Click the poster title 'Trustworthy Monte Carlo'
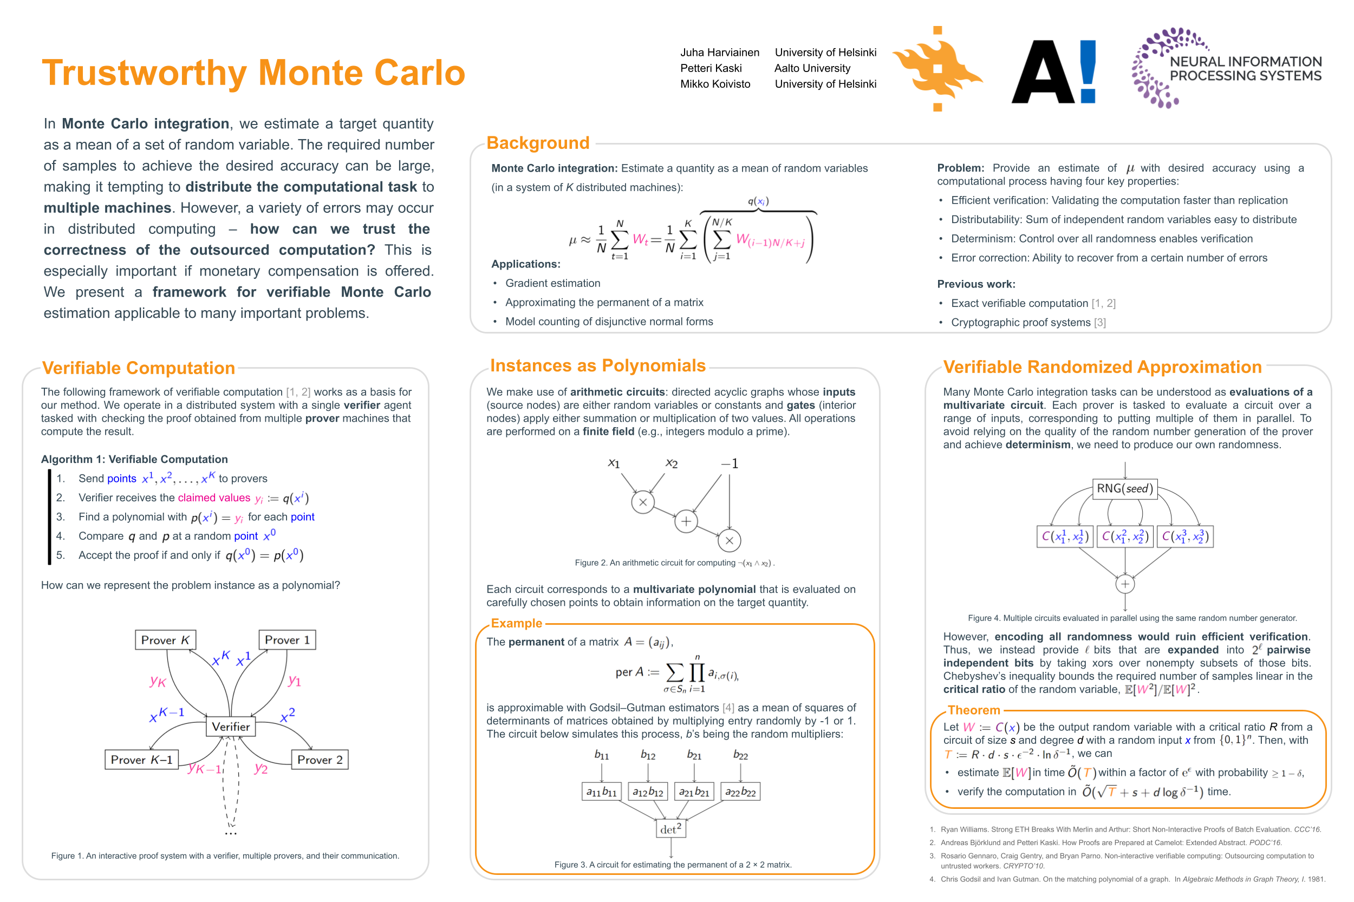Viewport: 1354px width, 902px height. point(253,73)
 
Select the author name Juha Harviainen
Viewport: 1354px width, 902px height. point(719,53)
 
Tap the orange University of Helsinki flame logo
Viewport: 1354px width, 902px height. point(937,69)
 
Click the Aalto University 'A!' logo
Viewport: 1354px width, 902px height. point(1053,72)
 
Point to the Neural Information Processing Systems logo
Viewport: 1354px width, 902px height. point(1226,68)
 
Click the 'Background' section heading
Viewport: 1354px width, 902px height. point(537,143)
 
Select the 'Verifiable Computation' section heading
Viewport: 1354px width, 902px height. point(138,368)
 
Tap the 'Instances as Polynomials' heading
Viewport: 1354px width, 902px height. point(597,365)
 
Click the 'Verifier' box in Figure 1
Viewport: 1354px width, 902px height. point(231,727)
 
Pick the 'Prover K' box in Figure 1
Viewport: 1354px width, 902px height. point(165,640)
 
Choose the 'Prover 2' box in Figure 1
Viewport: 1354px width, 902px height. point(320,759)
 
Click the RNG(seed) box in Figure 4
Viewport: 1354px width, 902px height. point(1124,488)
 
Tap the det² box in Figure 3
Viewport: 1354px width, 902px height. point(671,829)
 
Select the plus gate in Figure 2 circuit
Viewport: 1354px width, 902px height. point(686,522)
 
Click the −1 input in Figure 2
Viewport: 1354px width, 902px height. point(730,463)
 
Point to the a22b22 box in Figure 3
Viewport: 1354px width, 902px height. point(740,792)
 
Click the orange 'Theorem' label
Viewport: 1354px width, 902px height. point(974,710)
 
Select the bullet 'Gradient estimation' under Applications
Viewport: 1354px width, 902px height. point(552,283)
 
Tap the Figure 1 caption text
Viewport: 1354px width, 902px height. point(225,855)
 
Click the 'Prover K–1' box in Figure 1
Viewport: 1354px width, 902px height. point(141,759)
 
